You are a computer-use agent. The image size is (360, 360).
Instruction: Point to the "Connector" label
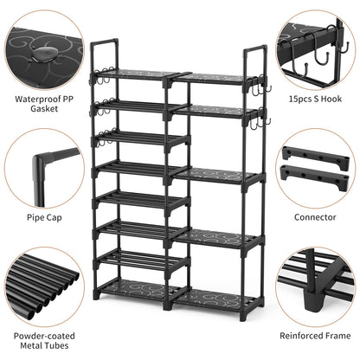pyautogui.click(x=315, y=217)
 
